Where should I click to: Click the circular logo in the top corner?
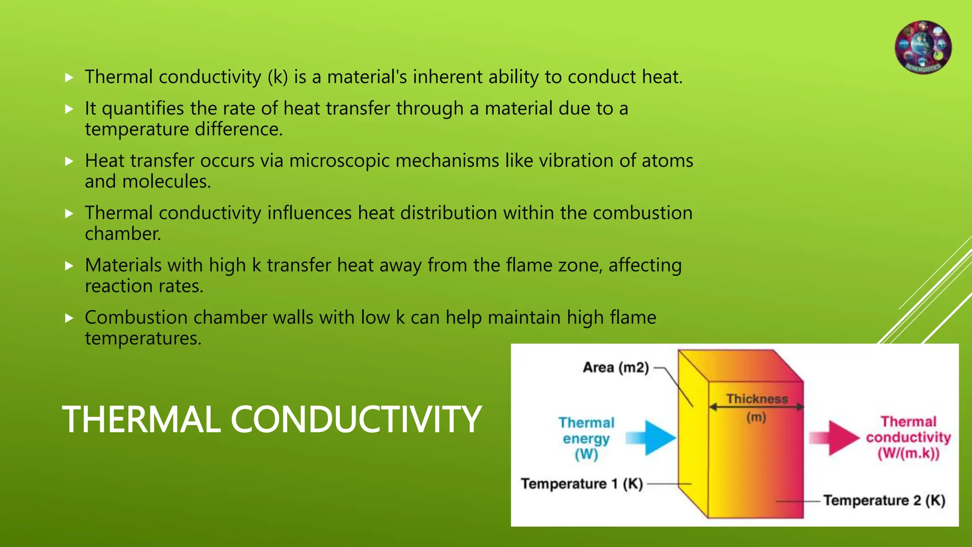pos(923,47)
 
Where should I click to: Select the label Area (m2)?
pos(616,368)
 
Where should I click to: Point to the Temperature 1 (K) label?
pos(582,484)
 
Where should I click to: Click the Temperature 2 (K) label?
pos(884,500)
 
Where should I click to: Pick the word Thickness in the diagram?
pos(757,399)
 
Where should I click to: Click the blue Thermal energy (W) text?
pos(586,438)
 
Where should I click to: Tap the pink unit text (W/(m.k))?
pos(908,453)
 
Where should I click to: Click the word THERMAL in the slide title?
pos(141,420)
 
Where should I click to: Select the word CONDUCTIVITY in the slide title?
pos(356,420)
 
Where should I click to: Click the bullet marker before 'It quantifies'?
pos(69,109)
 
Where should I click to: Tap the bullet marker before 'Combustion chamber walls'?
pos(69,318)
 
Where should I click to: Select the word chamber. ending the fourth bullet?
pos(123,234)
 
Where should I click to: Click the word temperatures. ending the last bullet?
pos(143,339)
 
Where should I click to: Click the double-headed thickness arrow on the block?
pos(756,407)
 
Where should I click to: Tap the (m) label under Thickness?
pos(756,418)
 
